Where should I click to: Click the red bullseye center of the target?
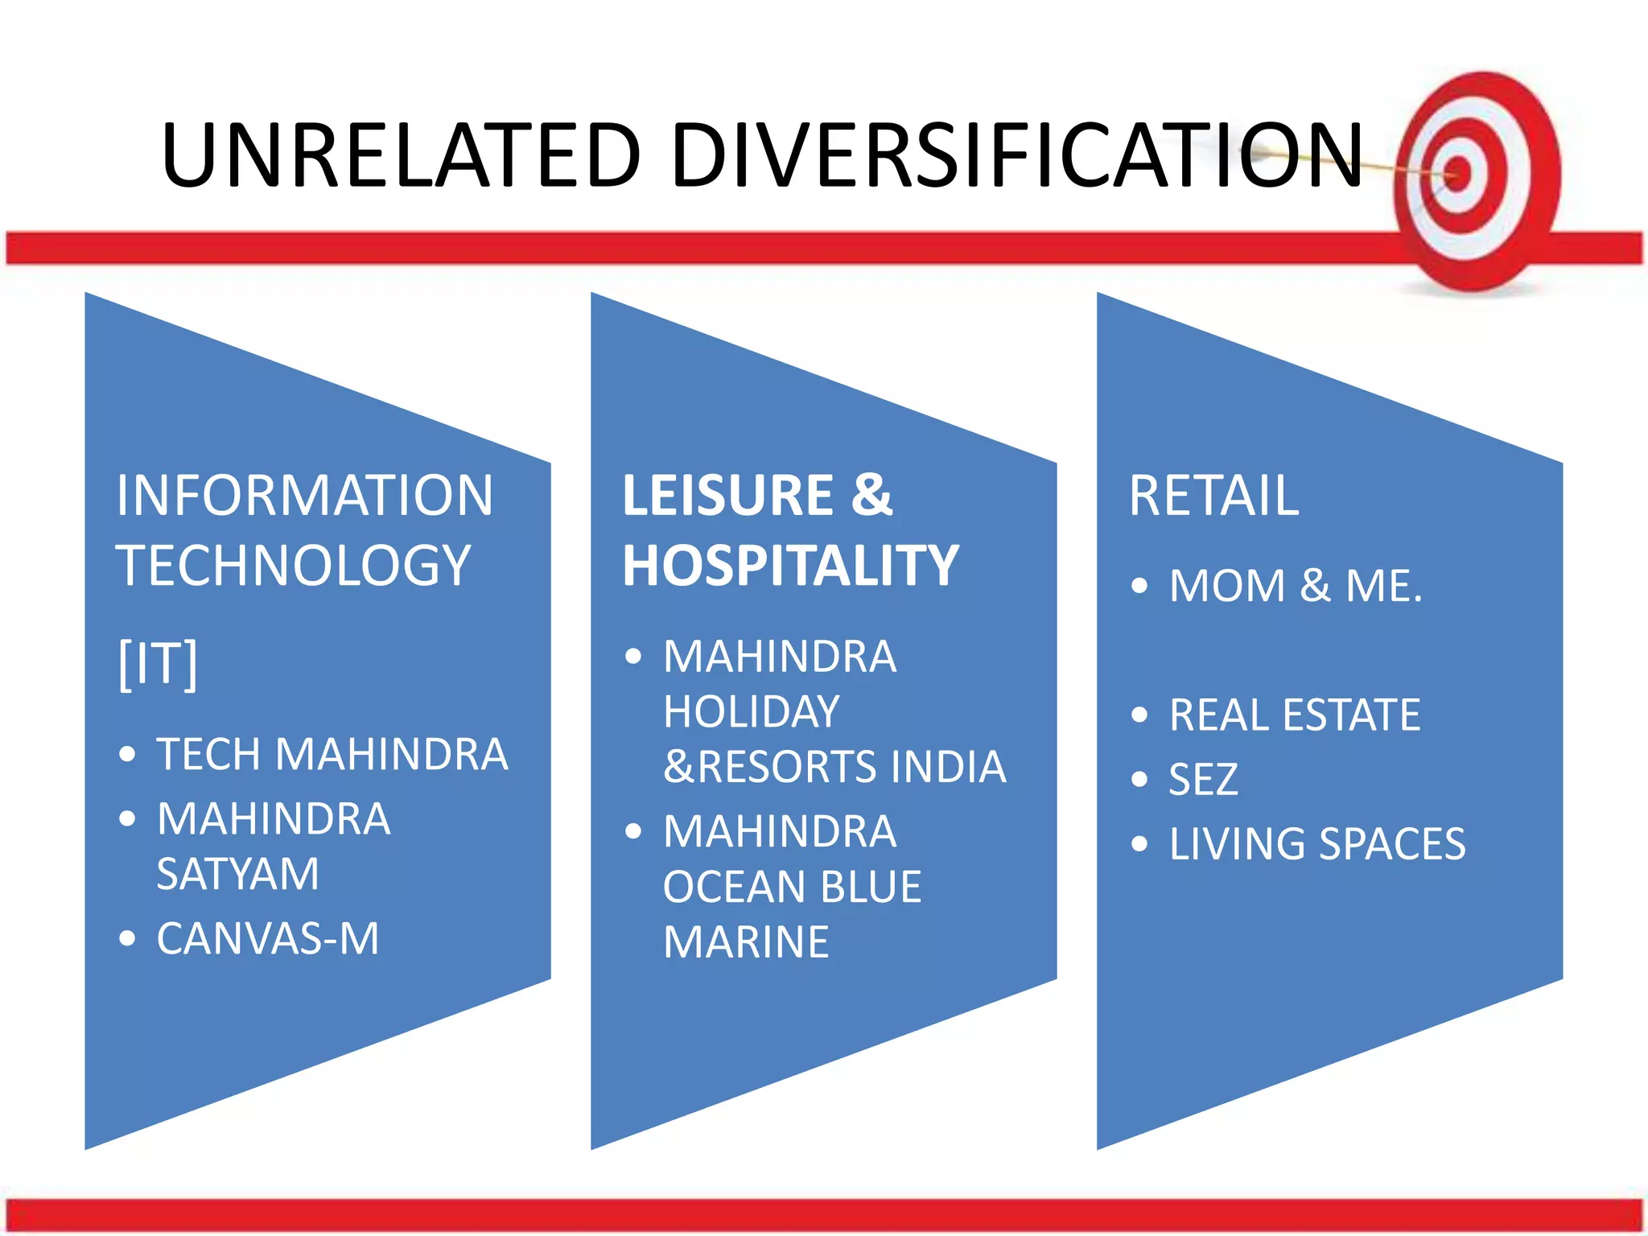click(x=1457, y=172)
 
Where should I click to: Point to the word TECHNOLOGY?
click(x=294, y=565)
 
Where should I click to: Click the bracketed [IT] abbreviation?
click(x=158, y=664)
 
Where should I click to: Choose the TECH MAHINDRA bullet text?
click(x=332, y=755)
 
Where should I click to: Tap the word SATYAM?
click(x=238, y=874)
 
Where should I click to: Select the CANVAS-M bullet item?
click(x=268, y=939)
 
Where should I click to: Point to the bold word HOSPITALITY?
click(x=790, y=566)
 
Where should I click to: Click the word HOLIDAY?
click(x=752, y=712)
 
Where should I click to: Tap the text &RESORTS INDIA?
click(x=834, y=767)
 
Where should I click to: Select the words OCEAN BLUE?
click(x=793, y=887)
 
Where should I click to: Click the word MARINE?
click(x=746, y=942)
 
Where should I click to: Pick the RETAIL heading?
click(x=1213, y=496)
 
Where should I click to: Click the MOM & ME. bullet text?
click(x=1296, y=586)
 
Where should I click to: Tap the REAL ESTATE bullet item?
click(x=1295, y=715)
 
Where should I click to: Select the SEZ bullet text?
click(x=1203, y=780)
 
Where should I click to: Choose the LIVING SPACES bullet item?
click(x=1317, y=844)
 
